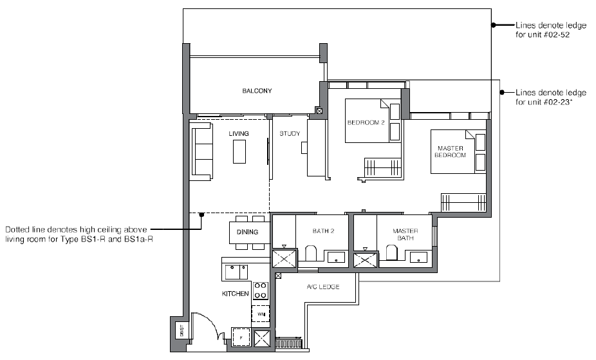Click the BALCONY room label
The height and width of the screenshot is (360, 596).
257,91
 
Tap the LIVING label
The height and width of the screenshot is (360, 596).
239,134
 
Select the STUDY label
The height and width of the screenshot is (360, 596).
290,134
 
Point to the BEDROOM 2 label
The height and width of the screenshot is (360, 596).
366,123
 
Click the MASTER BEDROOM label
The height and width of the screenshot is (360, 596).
451,152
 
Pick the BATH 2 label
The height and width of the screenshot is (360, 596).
323,231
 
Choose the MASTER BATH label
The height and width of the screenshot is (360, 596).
405,234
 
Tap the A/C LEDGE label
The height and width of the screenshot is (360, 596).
323,287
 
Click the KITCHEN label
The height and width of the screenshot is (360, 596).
236,294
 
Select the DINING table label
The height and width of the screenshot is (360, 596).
247,232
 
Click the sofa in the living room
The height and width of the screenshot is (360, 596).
202,154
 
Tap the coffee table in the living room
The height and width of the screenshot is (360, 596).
239,152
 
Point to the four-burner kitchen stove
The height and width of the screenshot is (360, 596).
261,290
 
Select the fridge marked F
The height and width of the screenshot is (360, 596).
241,337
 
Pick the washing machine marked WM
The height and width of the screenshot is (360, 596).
261,314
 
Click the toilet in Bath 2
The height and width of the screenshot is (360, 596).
311,253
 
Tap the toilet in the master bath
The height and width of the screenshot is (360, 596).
392,253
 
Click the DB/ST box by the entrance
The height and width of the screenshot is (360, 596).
182,331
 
